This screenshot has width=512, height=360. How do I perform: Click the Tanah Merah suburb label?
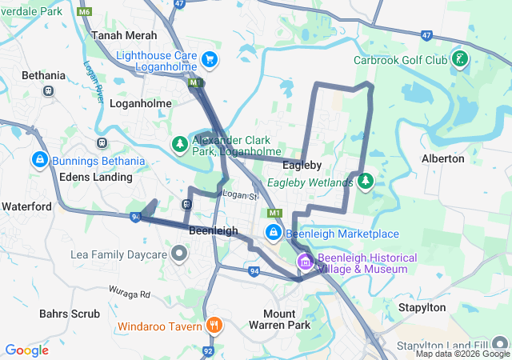point(124,35)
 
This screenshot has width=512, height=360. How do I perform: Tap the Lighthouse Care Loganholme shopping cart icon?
point(210,59)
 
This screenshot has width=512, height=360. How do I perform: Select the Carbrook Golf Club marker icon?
point(459,58)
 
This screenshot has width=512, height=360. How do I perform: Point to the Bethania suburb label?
point(44,75)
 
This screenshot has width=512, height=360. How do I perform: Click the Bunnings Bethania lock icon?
point(38,160)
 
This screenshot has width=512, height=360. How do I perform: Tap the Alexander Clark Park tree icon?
point(180,145)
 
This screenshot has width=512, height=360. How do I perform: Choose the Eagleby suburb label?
point(302,165)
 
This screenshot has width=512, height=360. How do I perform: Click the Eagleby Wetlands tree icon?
point(366,182)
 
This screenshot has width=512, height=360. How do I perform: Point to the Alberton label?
point(442,158)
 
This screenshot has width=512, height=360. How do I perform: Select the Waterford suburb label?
point(26,206)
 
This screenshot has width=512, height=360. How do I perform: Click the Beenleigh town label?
point(214,230)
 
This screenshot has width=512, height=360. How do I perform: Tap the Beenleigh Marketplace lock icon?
point(274,233)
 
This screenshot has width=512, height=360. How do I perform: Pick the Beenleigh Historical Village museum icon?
point(305,262)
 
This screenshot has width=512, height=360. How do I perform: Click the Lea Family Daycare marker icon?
point(179,254)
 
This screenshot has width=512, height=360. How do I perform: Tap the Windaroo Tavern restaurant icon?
point(214,326)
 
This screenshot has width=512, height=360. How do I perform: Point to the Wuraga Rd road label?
point(128,294)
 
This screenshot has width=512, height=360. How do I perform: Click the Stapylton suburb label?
point(421,306)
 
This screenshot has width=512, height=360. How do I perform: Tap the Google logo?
point(26,350)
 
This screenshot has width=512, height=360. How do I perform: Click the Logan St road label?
point(242,195)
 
